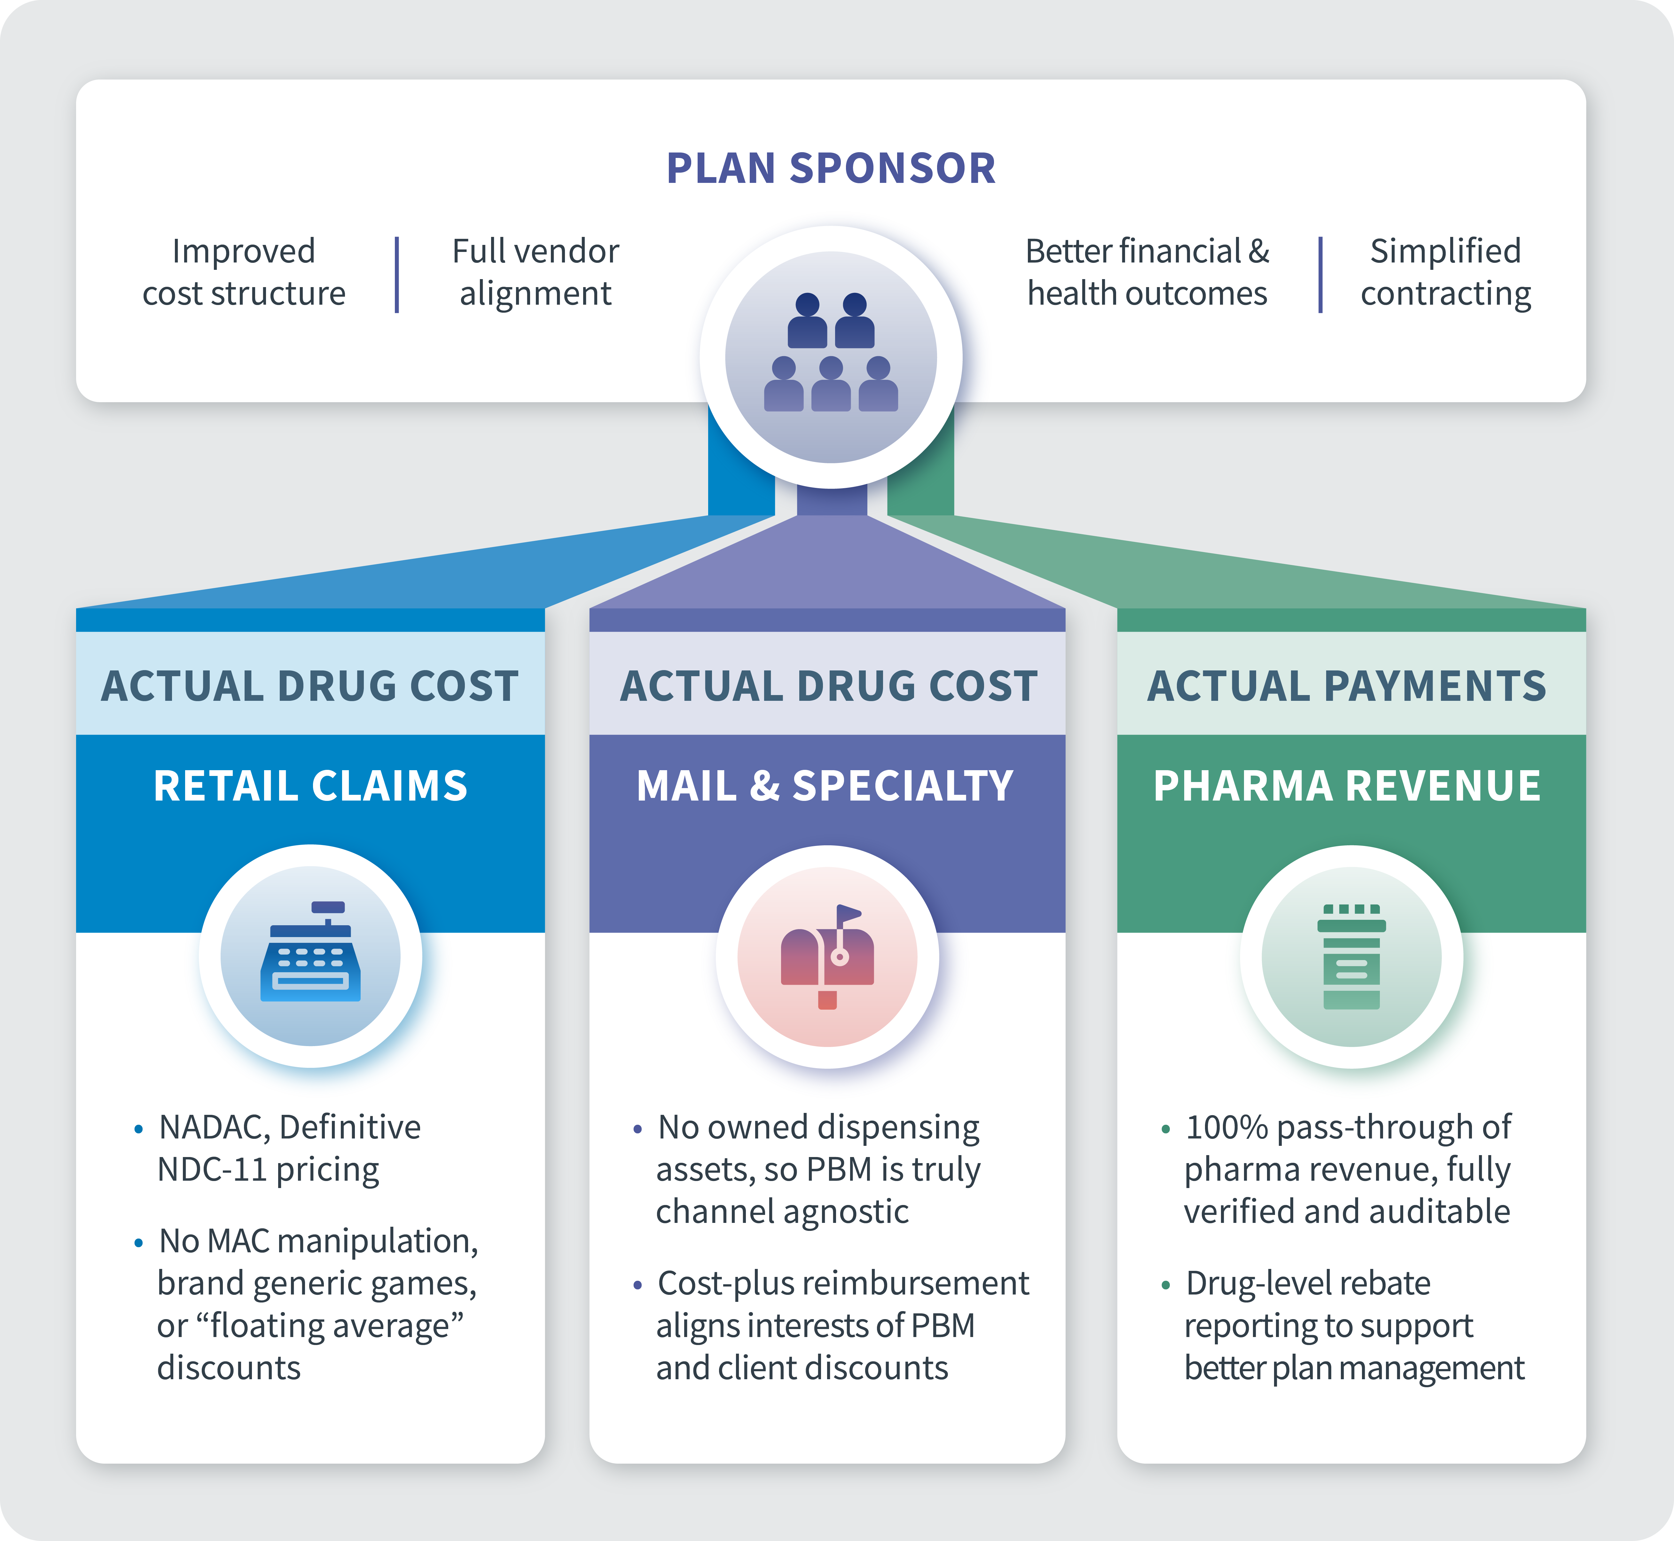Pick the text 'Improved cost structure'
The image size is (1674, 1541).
click(243, 272)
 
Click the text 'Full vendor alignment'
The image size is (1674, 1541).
click(535, 272)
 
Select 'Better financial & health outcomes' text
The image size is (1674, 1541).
click(1147, 272)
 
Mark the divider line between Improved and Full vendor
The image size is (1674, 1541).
click(397, 274)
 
